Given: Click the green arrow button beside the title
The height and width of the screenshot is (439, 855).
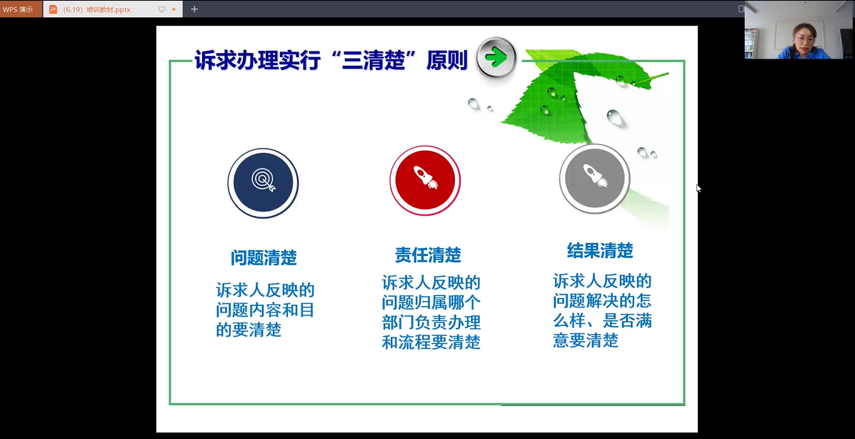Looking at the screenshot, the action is (x=496, y=57).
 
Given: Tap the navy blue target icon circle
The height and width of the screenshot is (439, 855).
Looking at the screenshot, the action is (x=264, y=183).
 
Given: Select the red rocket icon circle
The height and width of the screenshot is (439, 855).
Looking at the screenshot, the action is (x=425, y=181).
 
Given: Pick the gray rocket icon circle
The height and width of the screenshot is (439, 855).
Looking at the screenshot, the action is (x=594, y=179).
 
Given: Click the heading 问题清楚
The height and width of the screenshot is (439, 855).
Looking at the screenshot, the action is (x=264, y=257).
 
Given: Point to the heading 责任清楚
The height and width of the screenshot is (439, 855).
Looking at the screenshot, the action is (x=428, y=255).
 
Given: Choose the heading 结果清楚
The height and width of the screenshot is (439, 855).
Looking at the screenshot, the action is (x=600, y=251).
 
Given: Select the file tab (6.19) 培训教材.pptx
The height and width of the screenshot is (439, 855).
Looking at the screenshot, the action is (x=96, y=9).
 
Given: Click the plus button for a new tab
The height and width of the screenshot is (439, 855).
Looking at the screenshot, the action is (x=194, y=9).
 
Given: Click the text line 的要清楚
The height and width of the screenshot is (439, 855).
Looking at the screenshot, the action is (x=249, y=330).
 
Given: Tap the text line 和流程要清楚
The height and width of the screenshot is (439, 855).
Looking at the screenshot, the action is (x=431, y=342).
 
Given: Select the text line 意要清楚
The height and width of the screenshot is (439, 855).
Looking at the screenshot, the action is (x=586, y=340).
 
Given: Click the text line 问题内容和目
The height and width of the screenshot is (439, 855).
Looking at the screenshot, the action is (x=265, y=310).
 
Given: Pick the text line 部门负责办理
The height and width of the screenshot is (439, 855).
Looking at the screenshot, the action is (x=431, y=322).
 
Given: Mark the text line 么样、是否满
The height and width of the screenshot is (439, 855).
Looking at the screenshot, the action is (x=602, y=320).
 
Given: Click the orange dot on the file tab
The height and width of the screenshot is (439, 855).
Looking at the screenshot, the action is (x=174, y=9).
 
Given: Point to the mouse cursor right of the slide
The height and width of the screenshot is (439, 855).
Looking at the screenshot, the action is (x=699, y=188).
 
